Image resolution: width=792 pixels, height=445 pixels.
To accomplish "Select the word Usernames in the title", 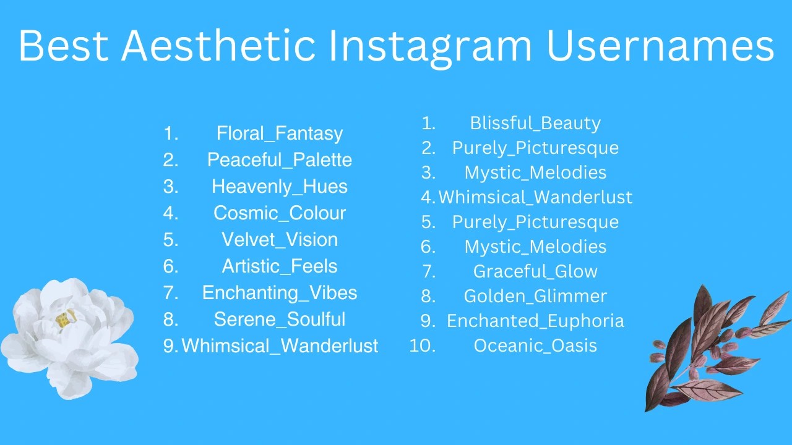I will coord(660,46).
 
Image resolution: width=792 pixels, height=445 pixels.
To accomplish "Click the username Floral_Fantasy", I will coord(280,133).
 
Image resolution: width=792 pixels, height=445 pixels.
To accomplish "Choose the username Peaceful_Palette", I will coord(280,160).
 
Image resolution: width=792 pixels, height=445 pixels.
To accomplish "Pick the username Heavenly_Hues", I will coord(280,187).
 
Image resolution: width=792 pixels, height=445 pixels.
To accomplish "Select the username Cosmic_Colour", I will coord(280,213).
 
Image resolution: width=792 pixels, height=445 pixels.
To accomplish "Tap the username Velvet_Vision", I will coord(280,240).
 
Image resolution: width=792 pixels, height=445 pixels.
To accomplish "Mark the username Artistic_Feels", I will coord(280,266).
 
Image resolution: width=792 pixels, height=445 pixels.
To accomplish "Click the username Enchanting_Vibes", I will coord(280,293).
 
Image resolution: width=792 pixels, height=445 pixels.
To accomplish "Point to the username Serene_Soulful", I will coord(280,320).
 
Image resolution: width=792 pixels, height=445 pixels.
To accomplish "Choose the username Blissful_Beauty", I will coord(535,124).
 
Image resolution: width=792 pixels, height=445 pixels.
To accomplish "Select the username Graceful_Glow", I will coord(535,272).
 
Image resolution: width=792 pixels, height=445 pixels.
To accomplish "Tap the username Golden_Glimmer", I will coord(535,297).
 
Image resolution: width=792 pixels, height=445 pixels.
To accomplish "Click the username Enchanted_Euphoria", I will coord(535,321).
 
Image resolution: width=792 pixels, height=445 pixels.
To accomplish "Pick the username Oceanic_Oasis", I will coord(535,346).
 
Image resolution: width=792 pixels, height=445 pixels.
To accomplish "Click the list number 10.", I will coord(423,346).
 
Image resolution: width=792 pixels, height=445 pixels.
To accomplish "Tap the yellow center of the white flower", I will coord(64,319).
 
